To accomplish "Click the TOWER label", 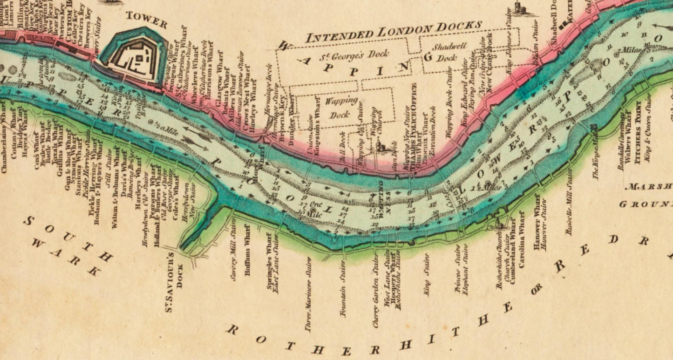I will click(x=146, y=20).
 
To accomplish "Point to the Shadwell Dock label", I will click(x=445, y=53).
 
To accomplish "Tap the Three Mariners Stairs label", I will click(x=308, y=294).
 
